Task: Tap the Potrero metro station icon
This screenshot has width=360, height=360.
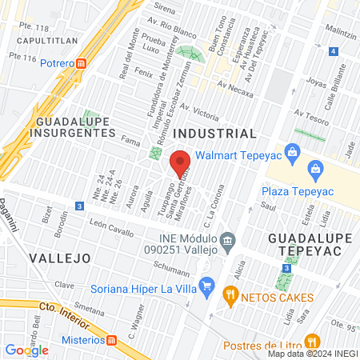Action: (x=93, y=63)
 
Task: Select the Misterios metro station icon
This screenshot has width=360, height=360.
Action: (x=112, y=340)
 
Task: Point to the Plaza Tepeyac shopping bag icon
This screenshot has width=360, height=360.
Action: (x=315, y=169)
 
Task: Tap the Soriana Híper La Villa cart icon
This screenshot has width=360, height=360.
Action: (x=207, y=285)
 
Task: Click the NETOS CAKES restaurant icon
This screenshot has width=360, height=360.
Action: (x=231, y=295)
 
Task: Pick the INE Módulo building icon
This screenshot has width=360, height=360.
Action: (x=228, y=240)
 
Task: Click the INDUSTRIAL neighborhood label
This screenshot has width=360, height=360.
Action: (x=216, y=133)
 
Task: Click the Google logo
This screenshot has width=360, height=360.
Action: (x=26, y=350)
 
